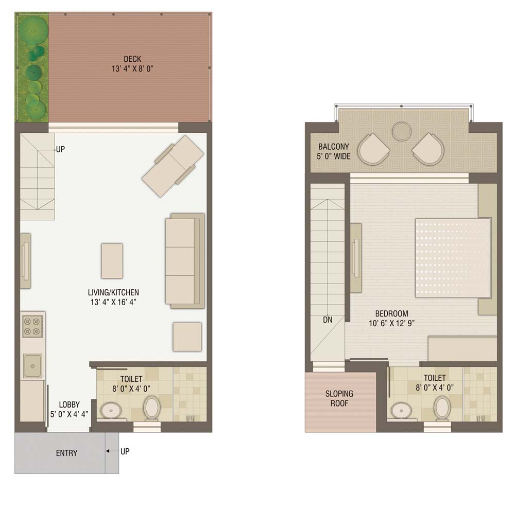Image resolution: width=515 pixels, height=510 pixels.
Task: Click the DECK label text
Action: tap(132, 59)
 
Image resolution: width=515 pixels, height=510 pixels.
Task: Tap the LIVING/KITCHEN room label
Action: tap(113, 292)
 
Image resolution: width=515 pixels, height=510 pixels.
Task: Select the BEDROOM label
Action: tap(391, 313)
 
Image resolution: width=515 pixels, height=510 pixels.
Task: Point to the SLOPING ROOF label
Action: tap(339, 398)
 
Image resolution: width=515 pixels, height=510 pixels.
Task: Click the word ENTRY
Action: tap(66, 453)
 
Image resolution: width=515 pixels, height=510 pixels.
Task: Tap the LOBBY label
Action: tap(70, 405)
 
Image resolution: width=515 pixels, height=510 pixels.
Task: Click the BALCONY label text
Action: tap(334, 147)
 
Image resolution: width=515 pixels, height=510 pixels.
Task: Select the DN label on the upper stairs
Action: tap(328, 320)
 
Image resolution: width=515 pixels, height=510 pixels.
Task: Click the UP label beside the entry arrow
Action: tap(125, 451)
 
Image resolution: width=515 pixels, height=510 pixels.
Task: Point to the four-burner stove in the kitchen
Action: tap(32, 326)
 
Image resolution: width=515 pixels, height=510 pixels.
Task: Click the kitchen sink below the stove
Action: tap(32, 366)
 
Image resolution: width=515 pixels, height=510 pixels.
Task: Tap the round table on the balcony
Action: tap(402, 132)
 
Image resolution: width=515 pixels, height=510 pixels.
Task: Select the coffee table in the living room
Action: tap(112, 261)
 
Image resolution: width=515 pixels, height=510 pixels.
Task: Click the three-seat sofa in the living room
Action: tap(184, 261)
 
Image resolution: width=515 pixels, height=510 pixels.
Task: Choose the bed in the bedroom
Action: tap(453, 258)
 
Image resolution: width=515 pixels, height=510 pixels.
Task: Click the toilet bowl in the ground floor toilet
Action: tap(151, 408)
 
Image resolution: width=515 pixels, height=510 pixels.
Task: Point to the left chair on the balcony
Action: tap(373, 150)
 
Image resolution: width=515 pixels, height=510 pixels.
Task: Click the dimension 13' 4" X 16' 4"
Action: tap(113, 302)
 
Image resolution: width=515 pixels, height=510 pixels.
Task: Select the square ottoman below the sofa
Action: tap(187, 337)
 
